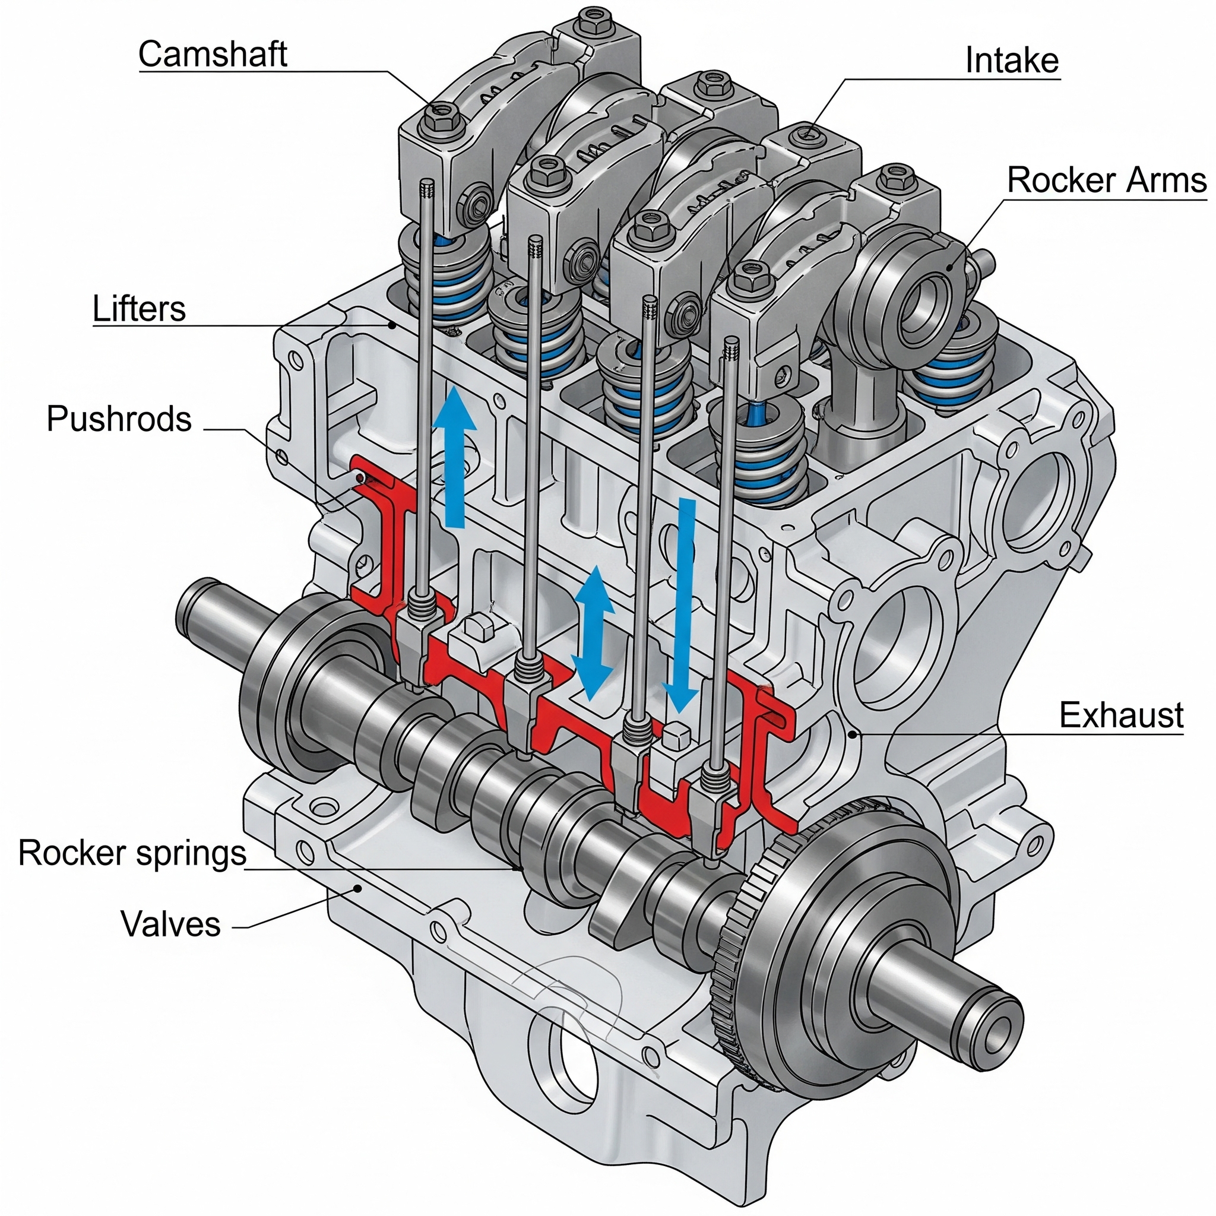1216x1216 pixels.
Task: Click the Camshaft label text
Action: point(213,54)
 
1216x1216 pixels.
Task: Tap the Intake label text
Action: point(1012,61)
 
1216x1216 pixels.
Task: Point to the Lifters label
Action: point(139,309)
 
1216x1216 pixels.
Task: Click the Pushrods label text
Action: point(119,419)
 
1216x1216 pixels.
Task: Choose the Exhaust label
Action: point(1121,715)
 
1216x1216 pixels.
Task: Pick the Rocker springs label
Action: point(132,854)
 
